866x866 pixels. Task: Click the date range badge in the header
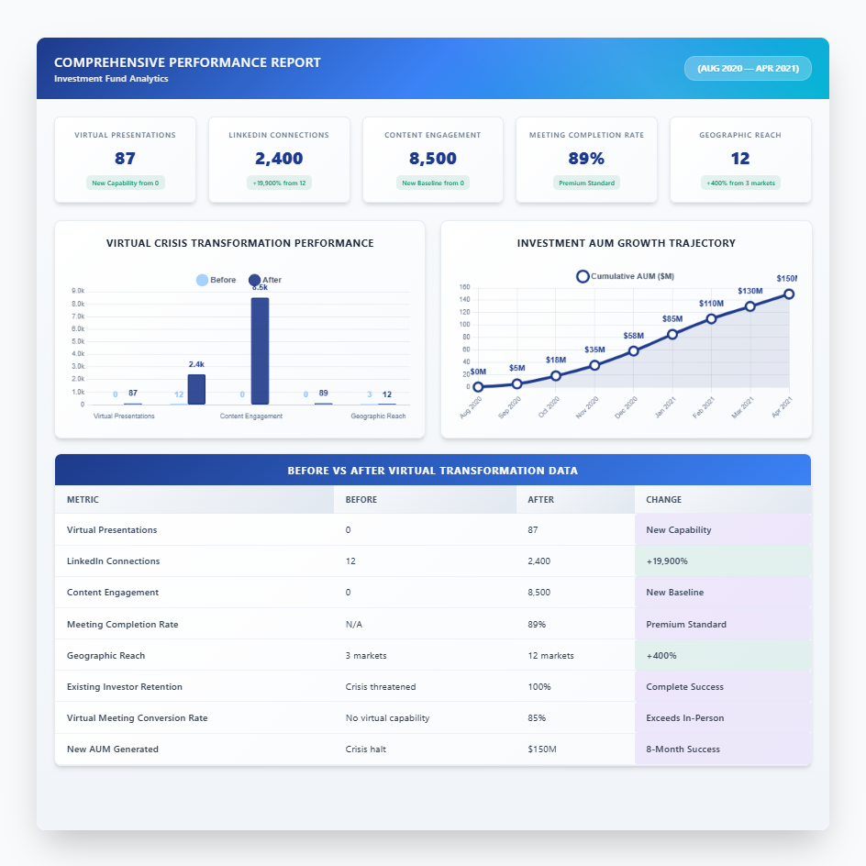(748, 69)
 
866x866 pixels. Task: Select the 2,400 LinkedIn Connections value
(279, 159)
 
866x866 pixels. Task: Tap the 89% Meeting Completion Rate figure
(586, 159)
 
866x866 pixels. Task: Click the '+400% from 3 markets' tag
(739, 183)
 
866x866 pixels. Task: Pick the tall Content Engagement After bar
(260, 351)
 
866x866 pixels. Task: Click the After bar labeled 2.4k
(196, 389)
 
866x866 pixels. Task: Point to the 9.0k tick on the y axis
(78, 292)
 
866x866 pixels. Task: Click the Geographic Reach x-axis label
(378, 416)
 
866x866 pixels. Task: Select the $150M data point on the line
(789, 294)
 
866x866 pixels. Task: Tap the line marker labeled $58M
(634, 350)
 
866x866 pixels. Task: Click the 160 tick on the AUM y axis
(464, 287)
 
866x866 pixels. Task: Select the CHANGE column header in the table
(663, 500)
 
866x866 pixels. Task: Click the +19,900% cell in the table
(667, 561)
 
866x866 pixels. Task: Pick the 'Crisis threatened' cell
(381, 686)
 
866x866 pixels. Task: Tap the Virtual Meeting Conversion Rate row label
(137, 717)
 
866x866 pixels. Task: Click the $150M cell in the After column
(542, 749)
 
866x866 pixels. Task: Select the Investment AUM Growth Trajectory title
(626, 243)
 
